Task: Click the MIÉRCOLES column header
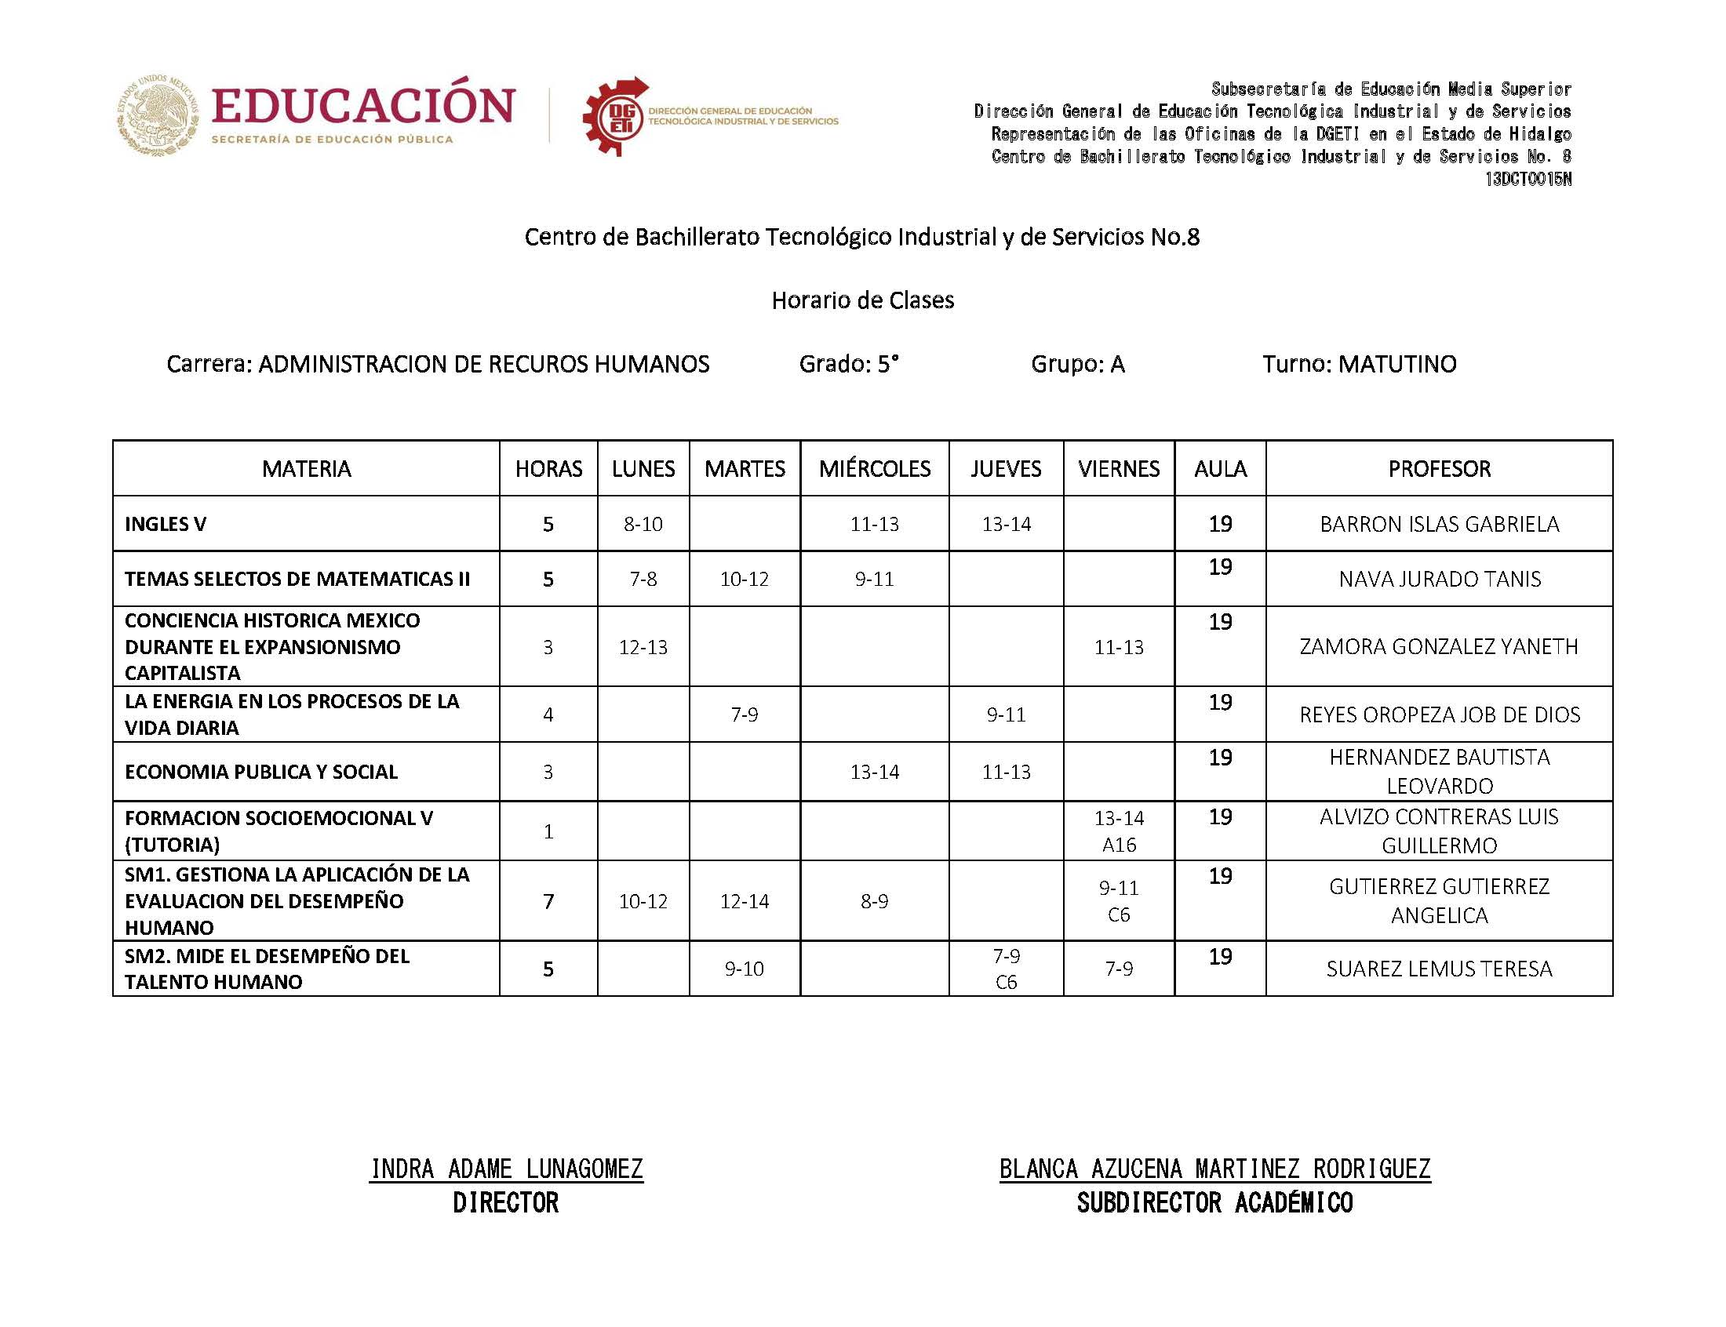tap(874, 468)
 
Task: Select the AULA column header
tap(1220, 468)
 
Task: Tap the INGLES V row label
tap(165, 524)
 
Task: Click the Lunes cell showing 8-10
tap(643, 524)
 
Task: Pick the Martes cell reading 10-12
tap(744, 579)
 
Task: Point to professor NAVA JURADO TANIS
tap(1439, 579)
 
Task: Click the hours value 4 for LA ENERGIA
tap(548, 714)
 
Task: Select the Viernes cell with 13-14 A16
tap(1119, 831)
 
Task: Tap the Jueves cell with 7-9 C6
tap(1006, 969)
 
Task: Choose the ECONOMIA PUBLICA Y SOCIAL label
tap(261, 772)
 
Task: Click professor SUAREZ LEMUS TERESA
tap(1439, 969)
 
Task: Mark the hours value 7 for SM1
tap(548, 900)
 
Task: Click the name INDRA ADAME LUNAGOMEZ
tap(506, 1169)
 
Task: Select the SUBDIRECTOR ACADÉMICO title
tap(1214, 1203)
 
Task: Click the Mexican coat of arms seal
tap(158, 115)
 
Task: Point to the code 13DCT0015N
tap(1528, 180)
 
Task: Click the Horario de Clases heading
tap(862, 300)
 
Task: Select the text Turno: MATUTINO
tap(1359, 364)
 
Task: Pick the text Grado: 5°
tap(848, 364)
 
